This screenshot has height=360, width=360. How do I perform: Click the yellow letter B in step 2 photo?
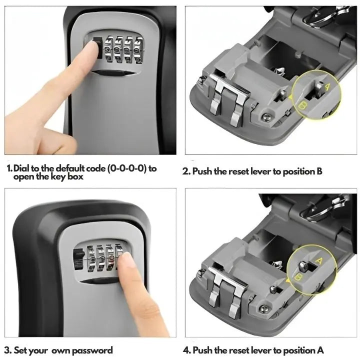[303, 106]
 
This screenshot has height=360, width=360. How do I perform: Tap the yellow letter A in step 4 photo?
[319, 260]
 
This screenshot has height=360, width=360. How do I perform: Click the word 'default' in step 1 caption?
[70, 168]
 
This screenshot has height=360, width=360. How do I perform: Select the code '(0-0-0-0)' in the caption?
[127, 169]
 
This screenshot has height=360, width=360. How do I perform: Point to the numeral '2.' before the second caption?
[186, 171]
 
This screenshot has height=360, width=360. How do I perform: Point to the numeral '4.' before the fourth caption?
[187, 350]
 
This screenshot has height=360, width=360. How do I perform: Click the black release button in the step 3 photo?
[78, 259]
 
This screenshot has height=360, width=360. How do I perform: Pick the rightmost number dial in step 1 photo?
[138, 50]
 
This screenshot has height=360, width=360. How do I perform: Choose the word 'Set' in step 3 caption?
[19, 350]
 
